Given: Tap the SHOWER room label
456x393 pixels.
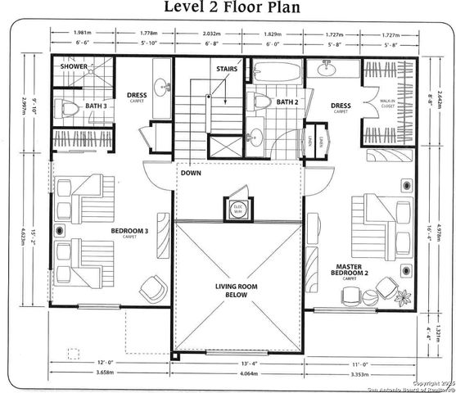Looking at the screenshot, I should tap(74, 67).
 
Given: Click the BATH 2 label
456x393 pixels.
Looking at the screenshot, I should tap(287, 102).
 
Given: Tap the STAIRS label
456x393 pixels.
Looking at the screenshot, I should tap(228, 69).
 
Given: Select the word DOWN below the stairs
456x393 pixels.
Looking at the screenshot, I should tap(193, 174).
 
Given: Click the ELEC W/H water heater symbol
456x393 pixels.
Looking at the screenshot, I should tap(239, 209).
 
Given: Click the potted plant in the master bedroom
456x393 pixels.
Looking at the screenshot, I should tap(386, 288).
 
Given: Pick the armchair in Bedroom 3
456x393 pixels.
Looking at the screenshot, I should tap(153, 287).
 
